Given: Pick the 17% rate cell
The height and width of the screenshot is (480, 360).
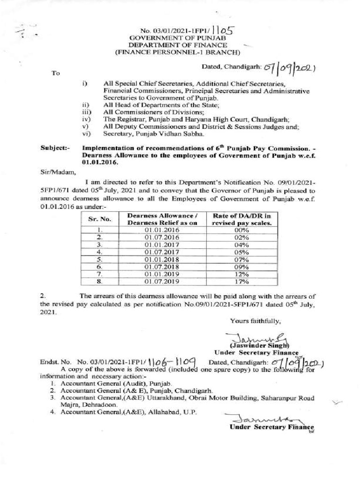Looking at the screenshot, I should [243, 281].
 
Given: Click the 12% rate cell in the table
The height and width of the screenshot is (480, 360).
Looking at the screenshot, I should [243, 274].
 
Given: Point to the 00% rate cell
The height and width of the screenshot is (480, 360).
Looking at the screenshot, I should [243, 229].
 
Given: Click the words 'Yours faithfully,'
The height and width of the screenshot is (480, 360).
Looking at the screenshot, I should [255, 321].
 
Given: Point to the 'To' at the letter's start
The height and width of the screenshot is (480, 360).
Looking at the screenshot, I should [56, 73].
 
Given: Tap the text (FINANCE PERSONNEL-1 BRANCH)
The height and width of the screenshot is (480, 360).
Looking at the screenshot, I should [178, 52].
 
